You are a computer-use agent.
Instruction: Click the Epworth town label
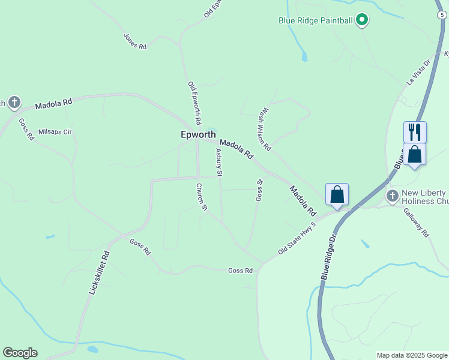(x=198, y=135)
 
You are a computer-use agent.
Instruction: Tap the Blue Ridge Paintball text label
(x=315, y=20)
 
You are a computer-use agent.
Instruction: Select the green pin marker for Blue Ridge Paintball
(x=362, y=20)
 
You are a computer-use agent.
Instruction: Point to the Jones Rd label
(x=135, y=41)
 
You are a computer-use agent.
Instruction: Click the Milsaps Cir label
(x=55, y=131)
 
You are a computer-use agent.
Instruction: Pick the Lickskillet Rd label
(x=99, y=271)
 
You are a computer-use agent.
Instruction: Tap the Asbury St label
(x=218, y=163)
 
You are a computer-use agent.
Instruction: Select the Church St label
(x=201, y=197)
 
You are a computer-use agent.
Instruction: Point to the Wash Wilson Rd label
(x=265, y=129)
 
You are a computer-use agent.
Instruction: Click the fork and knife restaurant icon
(x=415, y=132)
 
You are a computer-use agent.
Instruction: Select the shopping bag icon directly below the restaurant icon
(x=415, y=154)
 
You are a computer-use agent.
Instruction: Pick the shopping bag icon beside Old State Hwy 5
(x=337, y=194)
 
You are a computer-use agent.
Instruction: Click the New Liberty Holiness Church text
(x=424, y=197)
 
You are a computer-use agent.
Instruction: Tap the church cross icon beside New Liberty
(x=393, y=196)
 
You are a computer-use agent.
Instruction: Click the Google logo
(x=20, y=353)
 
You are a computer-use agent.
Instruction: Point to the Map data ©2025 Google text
(x=412, y=355)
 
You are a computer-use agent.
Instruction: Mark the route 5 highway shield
(x=441, y=13)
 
